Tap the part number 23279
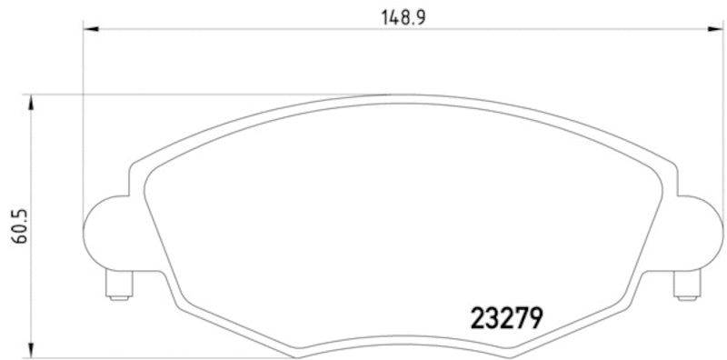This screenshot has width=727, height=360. [x=507, y=317]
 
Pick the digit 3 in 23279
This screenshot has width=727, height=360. [x=493, y=317]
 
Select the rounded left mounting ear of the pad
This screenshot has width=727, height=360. [x=105, y=232]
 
